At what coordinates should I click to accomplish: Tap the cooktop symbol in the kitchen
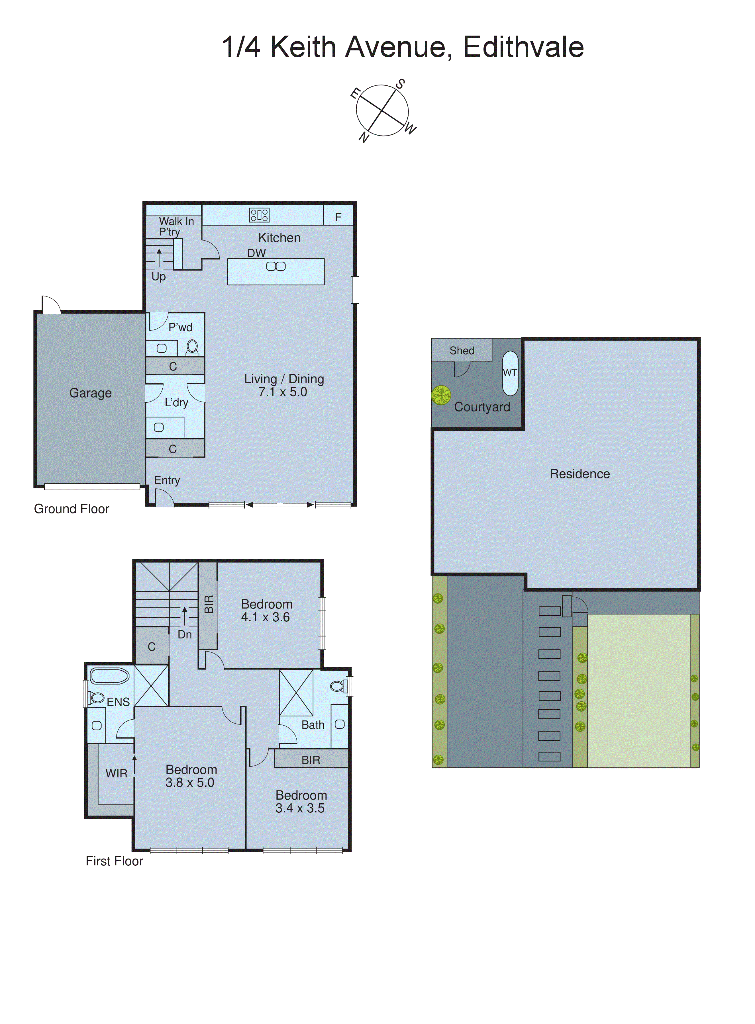(259, 215)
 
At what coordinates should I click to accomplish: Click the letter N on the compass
(364, 137)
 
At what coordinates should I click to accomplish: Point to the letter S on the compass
(400, 84)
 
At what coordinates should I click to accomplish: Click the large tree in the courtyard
(441, 395)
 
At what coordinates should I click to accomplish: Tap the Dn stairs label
(185, 634)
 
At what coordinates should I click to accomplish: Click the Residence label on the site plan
(579, 474)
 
